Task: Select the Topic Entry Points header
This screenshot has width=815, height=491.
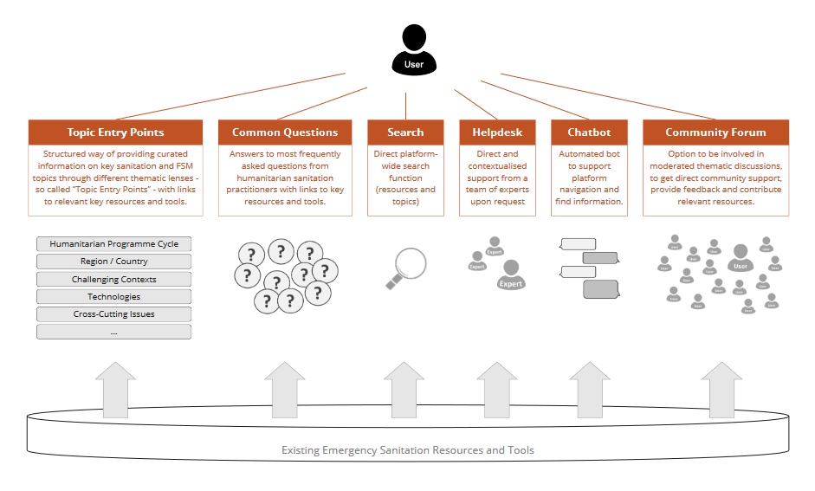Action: pyautogui.click(x=115, y=132)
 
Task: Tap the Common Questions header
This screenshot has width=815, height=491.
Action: pyautogui.click(x=285, y=132)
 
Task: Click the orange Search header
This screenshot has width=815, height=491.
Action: pyautogui.click(x=405, y=132)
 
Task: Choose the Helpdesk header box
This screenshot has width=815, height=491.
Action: pyautogui.click(x=497, y=132)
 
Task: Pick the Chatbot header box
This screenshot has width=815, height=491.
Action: pyautogui.click(x=589, y=132)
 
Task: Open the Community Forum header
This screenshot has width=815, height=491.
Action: pyautogui.click(x=715, y=132)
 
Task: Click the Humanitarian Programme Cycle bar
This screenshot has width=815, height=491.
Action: pyautogui.click(x=113, y=244)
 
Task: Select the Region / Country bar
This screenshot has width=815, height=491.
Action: pyautogui.click(x=113, y=262)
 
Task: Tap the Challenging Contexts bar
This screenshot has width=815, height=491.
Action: pyautogui.click(x=113, y=280)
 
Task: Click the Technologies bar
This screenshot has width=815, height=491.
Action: pyautogui.click(x=113, y=297)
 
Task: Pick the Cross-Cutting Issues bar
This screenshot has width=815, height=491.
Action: pyautogui.click(x=113, y=314)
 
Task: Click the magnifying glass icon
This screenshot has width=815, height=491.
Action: pyautogui.click(x=405, y=268)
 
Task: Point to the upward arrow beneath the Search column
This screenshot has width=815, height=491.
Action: pyautogui.click(x=404, y=390)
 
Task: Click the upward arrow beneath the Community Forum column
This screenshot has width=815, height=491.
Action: pyautogui.click(x=721, y=390)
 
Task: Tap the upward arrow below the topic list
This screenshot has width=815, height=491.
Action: pyautogui.click(x=115, y=390)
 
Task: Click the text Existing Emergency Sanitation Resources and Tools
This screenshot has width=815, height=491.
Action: pyautogui.click(x=407, y=450)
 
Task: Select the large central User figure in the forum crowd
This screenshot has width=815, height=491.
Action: pyautogui.click(x=740, y=257)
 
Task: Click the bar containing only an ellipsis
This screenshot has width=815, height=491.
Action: pyautogui.click(x=113, y=332)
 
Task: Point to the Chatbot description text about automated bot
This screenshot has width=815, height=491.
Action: pyautogui.click(x=589, y=178)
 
